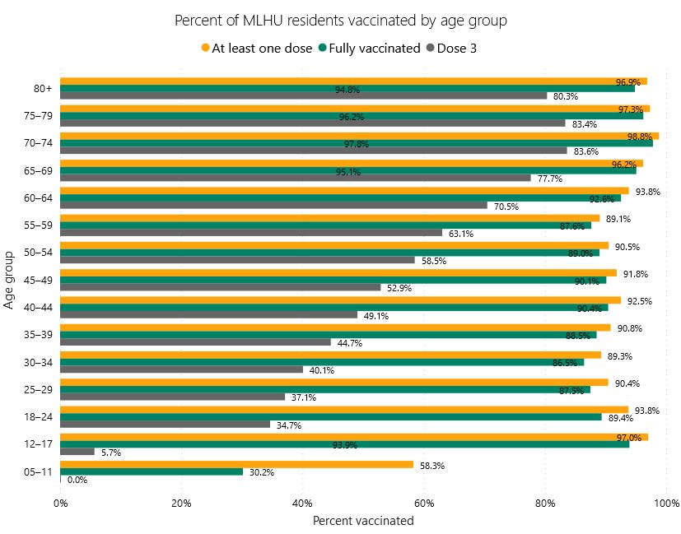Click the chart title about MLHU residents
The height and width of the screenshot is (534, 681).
coord(341,20)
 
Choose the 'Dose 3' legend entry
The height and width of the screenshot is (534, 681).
coord(451,48)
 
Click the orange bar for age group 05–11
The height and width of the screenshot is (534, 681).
coord(236,464)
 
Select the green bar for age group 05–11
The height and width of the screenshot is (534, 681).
coord(152,471)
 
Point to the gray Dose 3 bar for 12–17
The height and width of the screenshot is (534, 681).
coord(77,452)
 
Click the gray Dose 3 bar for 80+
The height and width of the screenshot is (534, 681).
coord(303,95)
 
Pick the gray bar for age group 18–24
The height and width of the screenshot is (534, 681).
coord(165,425)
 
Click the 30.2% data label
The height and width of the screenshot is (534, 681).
coord(262,472)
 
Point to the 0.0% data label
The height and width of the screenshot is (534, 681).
coord(77,480)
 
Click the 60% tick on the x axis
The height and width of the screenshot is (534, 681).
coord(423,503)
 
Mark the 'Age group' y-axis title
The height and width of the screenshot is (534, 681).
coord(11,280)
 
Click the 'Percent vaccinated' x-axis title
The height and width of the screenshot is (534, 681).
coord(362,520)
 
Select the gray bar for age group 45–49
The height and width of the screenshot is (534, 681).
coord(220,288)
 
